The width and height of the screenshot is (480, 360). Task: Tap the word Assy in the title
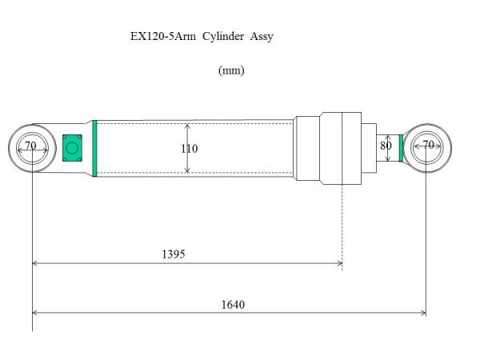click(x=262, y=37)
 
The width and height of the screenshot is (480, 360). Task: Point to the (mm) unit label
click(x=231, y=70)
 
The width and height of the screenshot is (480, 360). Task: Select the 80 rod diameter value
click(x=386, y=146)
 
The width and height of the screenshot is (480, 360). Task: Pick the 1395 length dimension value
click(x=173, y=254)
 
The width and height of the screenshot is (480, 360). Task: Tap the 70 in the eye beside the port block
click(x=30, y=146)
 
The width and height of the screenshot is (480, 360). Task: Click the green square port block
click(x=72, y=147)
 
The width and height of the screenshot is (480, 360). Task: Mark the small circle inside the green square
click(x=72, y=147)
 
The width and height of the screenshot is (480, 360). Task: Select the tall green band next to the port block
click(x=94, y=148)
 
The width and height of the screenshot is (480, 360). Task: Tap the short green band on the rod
click(x=400, y=148)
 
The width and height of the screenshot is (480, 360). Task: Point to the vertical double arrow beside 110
click(x=187, y=148)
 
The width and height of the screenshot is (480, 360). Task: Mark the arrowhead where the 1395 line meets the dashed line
click(x=339, y=262)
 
